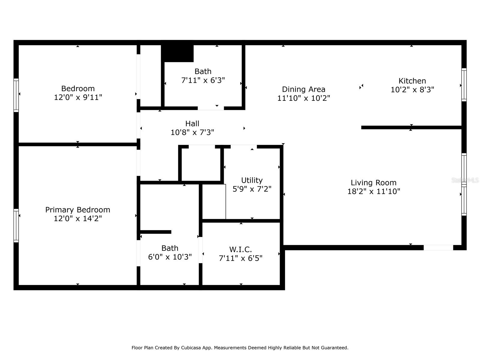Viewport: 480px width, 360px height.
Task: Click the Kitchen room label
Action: (412, 81)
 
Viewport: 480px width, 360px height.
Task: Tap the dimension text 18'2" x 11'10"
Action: (373, 191)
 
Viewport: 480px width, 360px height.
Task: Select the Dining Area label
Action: (304, 89)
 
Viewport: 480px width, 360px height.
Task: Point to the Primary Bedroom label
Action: (78, 210)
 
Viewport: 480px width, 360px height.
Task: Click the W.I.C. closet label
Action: (240, 249)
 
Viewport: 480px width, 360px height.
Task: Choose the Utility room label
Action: (252, 180)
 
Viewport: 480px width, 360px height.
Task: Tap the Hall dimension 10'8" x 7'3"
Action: (192, 132)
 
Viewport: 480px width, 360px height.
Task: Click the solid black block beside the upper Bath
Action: (177, 54)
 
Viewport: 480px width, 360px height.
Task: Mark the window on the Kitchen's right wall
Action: (464, 85)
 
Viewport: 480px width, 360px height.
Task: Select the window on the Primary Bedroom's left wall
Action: (16, 226)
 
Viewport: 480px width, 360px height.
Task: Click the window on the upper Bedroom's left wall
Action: (16, 95)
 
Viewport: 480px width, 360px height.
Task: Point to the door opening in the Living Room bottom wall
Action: (438, 248)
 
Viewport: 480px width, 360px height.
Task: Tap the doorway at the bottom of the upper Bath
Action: (211, 108)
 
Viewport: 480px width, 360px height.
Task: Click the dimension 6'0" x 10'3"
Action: (170, 257)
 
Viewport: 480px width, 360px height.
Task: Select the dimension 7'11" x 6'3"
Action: (203, 80)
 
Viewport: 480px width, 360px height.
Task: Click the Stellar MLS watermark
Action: (465, 180)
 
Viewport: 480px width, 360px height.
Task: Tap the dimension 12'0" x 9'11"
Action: (78, 97)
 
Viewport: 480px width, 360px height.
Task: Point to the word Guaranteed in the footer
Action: (336, 348)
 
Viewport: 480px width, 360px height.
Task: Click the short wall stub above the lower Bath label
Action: (155, 232)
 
